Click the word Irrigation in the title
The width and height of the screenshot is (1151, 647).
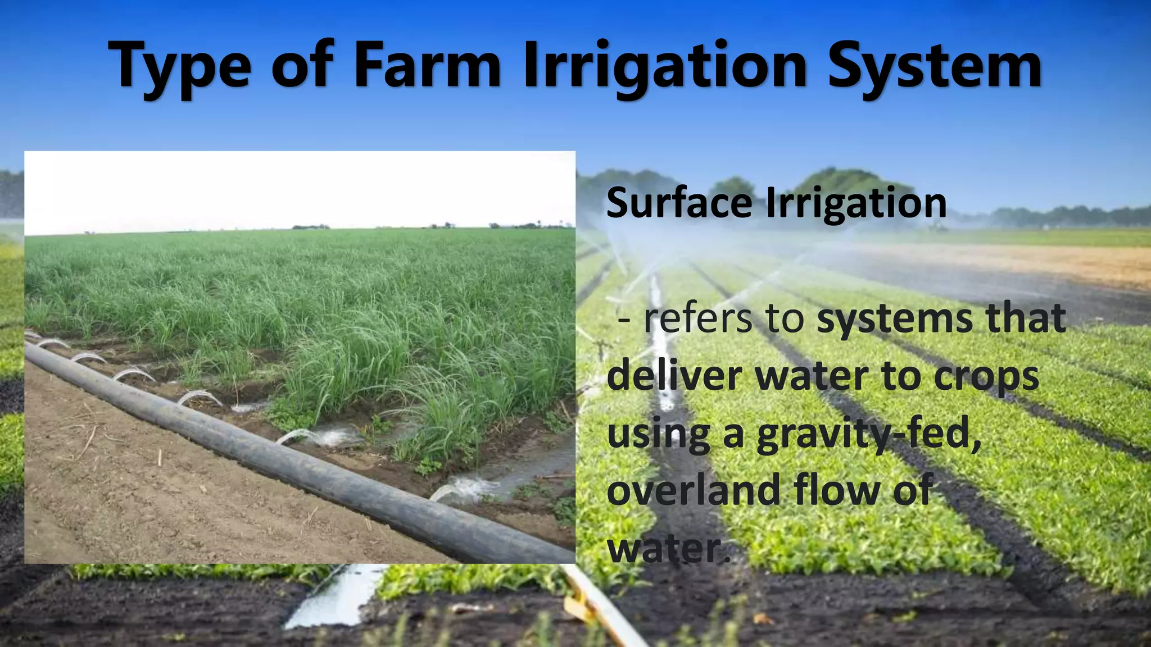coord(665,67)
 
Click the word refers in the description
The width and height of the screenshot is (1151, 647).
coord(697,318)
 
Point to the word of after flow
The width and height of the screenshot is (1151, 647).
coord(913,490)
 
